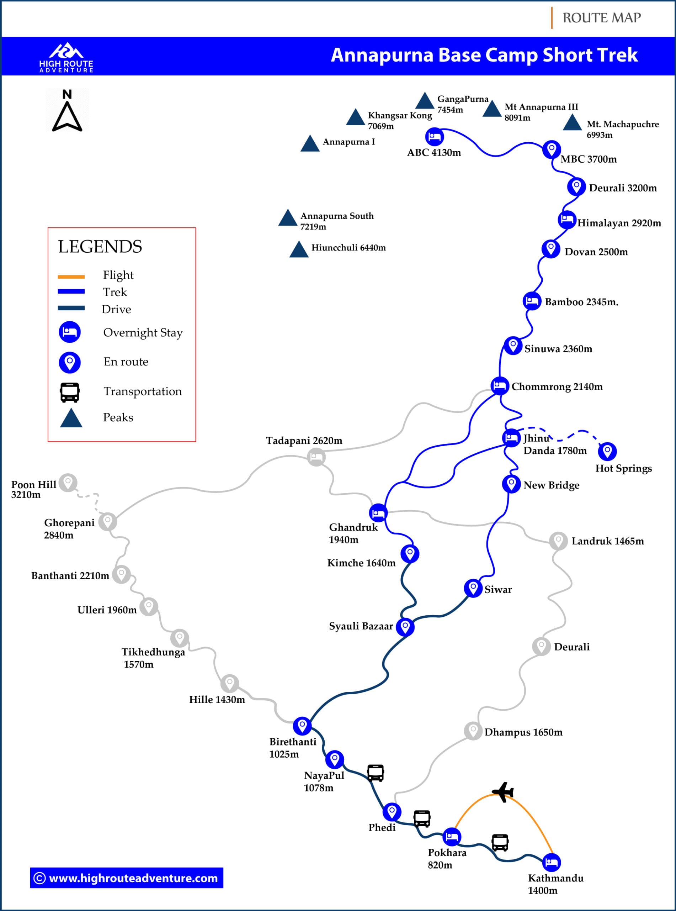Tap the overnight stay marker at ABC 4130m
click(434, 136)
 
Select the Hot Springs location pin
click(607, 451)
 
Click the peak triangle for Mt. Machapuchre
click(572, 123)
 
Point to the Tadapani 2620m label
click(304, 441)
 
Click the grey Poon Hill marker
click(68, 482)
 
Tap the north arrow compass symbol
click(67, 111)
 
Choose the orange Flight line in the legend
click(71, 277)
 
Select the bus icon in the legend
click(70, 392)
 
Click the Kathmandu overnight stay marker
click(551, 862)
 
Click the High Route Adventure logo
click(66, 57)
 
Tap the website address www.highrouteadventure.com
click(127, 878)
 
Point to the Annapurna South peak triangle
click(288, 218)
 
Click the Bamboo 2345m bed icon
click(532, 301)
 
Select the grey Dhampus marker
click(473, 731)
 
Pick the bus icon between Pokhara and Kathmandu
click(500, 842)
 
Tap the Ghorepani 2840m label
click(69, 528)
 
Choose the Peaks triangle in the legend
click(71, 418)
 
